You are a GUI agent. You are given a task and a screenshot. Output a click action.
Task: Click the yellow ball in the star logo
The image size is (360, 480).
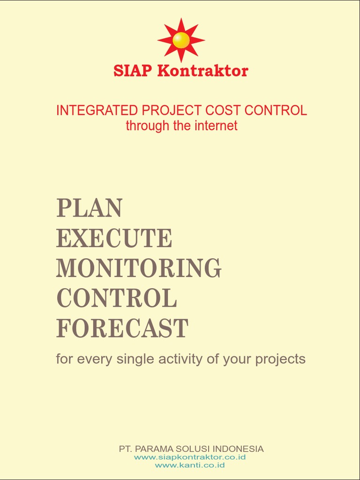181,40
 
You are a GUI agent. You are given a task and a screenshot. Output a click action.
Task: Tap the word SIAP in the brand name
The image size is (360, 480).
133,71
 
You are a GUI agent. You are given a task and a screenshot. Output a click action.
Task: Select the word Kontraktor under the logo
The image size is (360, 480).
202,71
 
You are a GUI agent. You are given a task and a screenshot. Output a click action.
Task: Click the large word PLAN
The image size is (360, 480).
90,208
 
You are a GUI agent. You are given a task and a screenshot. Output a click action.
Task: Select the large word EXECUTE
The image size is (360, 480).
114,238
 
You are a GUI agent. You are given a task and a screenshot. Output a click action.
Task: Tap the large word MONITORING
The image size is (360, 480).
139,268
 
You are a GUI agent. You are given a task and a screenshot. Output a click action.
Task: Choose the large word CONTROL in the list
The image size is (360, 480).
117,298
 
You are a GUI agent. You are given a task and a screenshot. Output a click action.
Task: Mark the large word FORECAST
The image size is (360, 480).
122,328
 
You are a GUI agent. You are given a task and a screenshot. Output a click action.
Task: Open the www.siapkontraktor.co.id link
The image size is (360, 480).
190,457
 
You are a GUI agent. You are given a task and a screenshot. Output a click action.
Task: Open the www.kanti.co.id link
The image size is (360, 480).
190,465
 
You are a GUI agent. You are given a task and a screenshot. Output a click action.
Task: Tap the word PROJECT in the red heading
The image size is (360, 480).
166,111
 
